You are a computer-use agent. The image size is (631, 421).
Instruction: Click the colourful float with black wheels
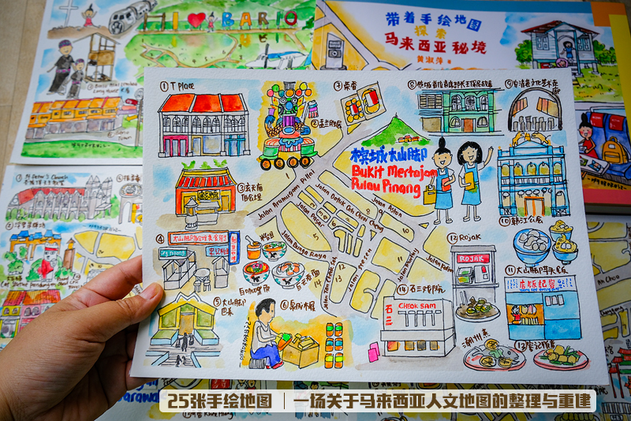pos(287,126)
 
